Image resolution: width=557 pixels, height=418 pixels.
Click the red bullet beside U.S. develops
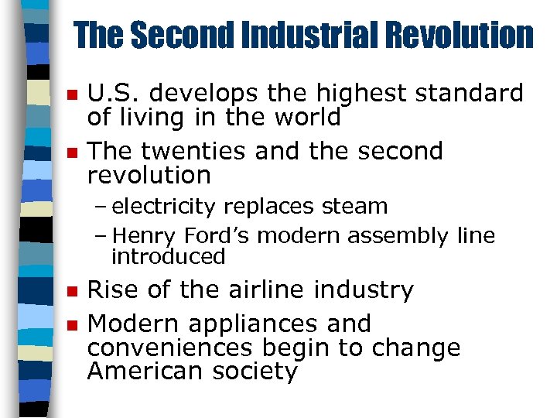pyautogui.click(x=71, y=95)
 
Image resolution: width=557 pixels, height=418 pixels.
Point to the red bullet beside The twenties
pyautogui.click(x=71, y=153)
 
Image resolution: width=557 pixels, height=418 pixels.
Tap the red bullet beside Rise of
pyautogui.click(x=71, y=292)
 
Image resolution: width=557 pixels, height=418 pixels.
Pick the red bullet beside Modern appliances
pyautogui.click(x=71, y=325)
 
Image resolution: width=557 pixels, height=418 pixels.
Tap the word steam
pyautogui.click(x=357, y=207)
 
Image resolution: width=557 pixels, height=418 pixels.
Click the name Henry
pyautogui.click(x=142, y=235)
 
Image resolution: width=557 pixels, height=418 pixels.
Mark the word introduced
pyautogui.click(x=168, y=255)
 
